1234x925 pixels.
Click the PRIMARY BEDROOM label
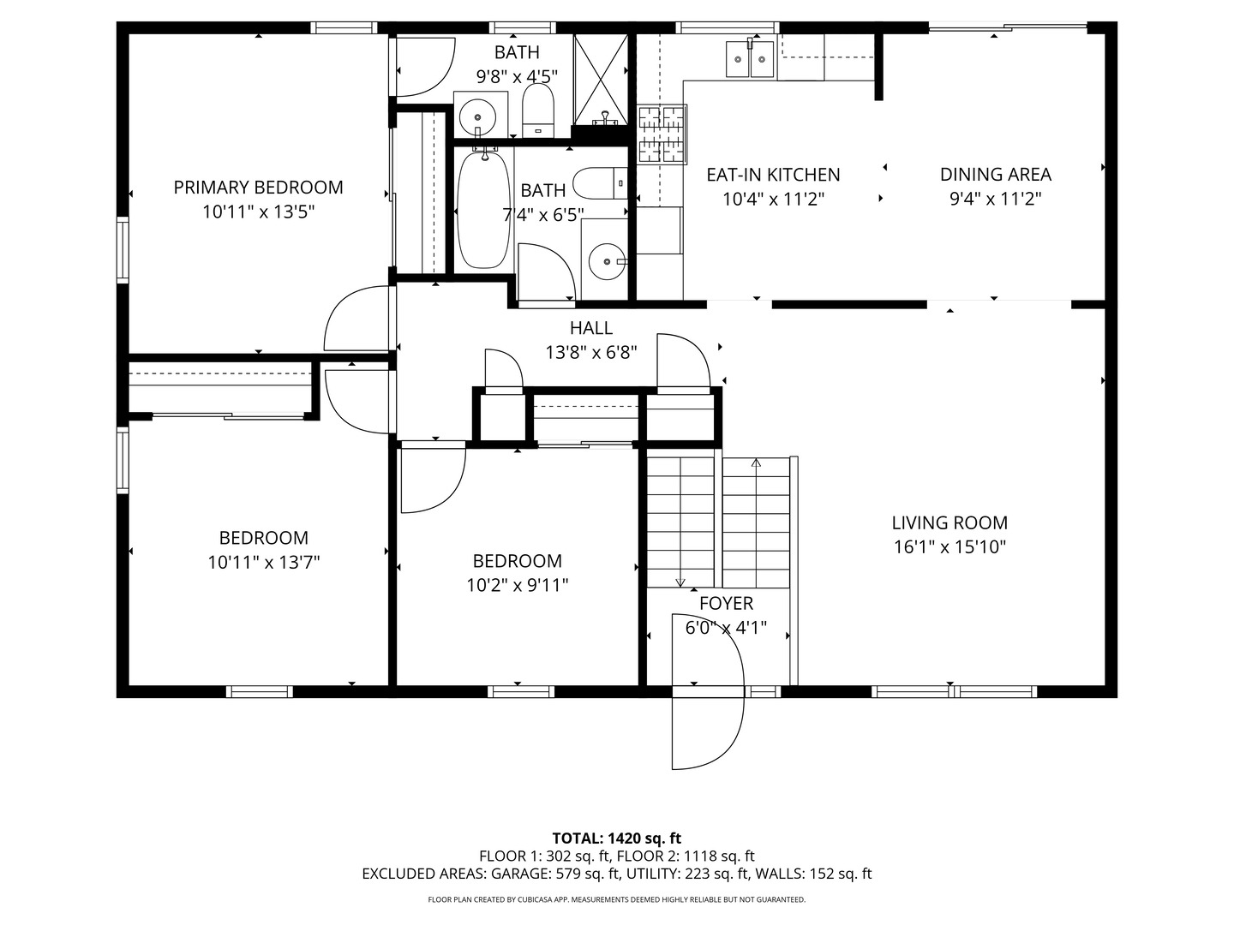[x=258, y=188]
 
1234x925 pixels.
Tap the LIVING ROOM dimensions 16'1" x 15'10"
[x=949, y=547]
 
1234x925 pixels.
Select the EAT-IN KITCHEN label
[x=773, y=175]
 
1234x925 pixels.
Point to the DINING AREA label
[x=996, y=175]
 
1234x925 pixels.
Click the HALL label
[x=590, y=328]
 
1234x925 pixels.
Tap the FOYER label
[x=726, y=604]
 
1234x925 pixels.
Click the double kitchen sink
[x=750, y=58]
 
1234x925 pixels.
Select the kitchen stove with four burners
[x=662, y=134]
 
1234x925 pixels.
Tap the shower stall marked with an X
[x=601, y=80]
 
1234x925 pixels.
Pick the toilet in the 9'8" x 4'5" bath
[x=538, y=110]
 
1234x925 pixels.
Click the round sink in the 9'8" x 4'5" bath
[x=477, y=117]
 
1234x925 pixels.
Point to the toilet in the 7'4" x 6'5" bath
[x=600, y=183]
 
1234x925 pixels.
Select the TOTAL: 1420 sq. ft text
[x=617, y=838]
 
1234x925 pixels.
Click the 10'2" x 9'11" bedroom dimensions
[x=518, y=586]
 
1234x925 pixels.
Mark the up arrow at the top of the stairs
[x=756, y=462]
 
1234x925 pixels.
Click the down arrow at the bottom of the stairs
[x=680, y=582]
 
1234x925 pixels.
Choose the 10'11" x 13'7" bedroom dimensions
[x=264, y=563]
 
